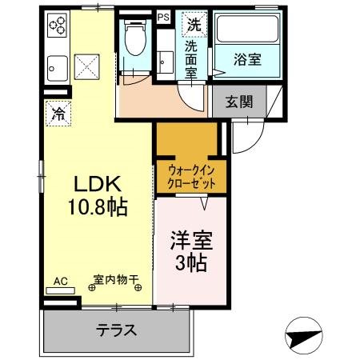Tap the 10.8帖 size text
[x=96, y=206]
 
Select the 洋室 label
[x=190, y=241]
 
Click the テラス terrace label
[x=117, y=330]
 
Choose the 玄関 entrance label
[x=239, y=102]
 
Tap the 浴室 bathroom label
[x=246, y=58]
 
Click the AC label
[x=60, y=281]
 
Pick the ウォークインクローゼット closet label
[x=190, y=175]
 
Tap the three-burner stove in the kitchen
[x=58, y=26]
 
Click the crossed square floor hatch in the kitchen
[x=86, y=66]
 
